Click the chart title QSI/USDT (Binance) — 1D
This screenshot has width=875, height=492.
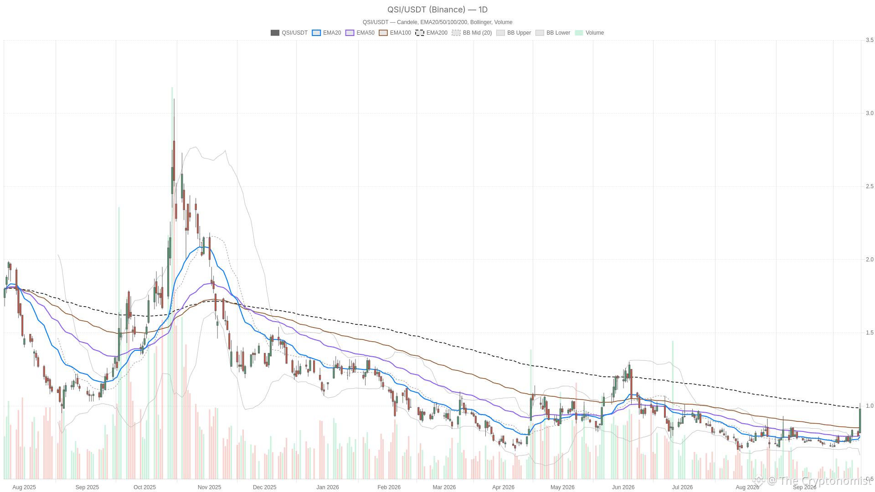(437, 10)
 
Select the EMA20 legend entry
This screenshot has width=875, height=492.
(326, 33)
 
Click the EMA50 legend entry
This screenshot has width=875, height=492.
(360, 33)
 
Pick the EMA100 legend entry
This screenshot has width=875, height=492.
(395, 33)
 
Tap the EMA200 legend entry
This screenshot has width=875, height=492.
(432, 33)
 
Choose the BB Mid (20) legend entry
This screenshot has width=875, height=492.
(472, 33)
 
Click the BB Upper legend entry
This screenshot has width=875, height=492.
(514, 33)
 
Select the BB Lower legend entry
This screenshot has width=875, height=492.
(553, 33)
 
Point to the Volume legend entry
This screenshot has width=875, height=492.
(589, 33)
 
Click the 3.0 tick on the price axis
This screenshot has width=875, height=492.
(870, 113)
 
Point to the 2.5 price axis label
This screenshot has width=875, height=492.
(870, 186)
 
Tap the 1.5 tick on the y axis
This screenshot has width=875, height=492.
(870, 333)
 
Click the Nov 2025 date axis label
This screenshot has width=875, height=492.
(209, 487)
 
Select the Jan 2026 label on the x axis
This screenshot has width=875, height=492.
(328, 487)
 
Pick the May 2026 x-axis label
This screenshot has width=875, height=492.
(562, 487)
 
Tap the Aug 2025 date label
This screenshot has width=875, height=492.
(24, 487)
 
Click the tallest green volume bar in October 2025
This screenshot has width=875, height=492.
(172, 283)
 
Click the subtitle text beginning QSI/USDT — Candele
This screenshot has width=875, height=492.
(437, 22)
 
